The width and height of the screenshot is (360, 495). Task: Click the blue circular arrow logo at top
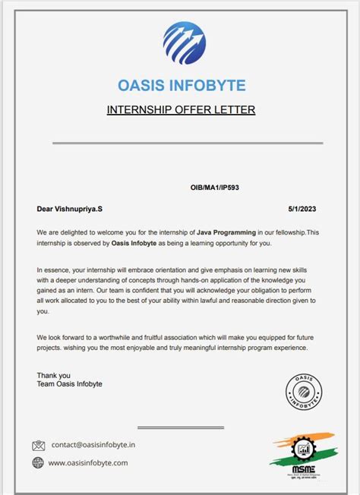pyautogui.click(x=185, y=43)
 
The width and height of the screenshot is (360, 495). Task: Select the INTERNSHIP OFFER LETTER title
pyautogui.click(x=181, y=110)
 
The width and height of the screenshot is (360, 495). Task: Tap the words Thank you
pyautogui.click(x=53, y=375)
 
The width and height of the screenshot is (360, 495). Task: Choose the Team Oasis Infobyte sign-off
pyautogui.click(x=69, y=384)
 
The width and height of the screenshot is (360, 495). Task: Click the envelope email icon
pyautogui.click(x=38, y=446)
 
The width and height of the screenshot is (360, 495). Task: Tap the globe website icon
pyautogui.click(x=38, y=462)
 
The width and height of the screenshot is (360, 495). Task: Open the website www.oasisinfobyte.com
pyautogui.click(x=88, y=462)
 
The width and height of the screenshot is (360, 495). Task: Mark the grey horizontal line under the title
pyautogui.click(x=187, y=143)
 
